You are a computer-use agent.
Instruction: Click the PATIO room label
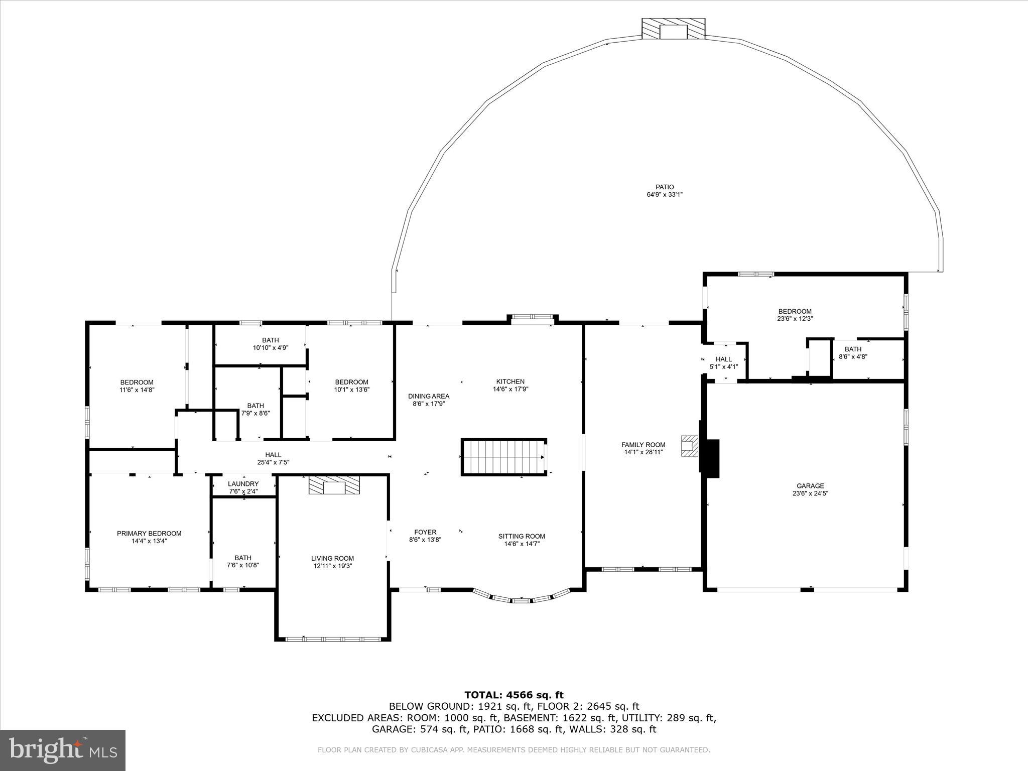[664, 187]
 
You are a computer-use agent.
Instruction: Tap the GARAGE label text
[810, 486]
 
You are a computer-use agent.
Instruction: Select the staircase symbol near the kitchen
[503, 457]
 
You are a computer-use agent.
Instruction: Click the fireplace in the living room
[334, 486]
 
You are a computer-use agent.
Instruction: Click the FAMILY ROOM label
[643, 445]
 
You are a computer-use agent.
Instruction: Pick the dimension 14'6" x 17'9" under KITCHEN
[510, 389]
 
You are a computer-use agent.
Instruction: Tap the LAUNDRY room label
[243, 484]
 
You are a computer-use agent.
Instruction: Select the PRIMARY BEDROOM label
[149, 534]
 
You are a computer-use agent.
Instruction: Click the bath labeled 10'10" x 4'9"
[270, 344]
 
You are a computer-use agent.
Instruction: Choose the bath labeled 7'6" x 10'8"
[243, 561]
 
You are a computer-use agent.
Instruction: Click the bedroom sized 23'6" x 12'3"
[795, 315]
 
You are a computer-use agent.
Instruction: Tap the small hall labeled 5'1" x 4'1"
[723, 362]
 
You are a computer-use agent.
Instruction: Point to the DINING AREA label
[428, 397]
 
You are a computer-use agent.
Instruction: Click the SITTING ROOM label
[522, 536]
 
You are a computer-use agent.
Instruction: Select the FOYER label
[425, 532]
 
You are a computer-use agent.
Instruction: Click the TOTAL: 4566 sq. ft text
[514, 695]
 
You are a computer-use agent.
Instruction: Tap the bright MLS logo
[63, 750]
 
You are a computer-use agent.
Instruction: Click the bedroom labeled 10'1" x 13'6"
[351, 385]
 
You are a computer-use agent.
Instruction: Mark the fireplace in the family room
[689, 446]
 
